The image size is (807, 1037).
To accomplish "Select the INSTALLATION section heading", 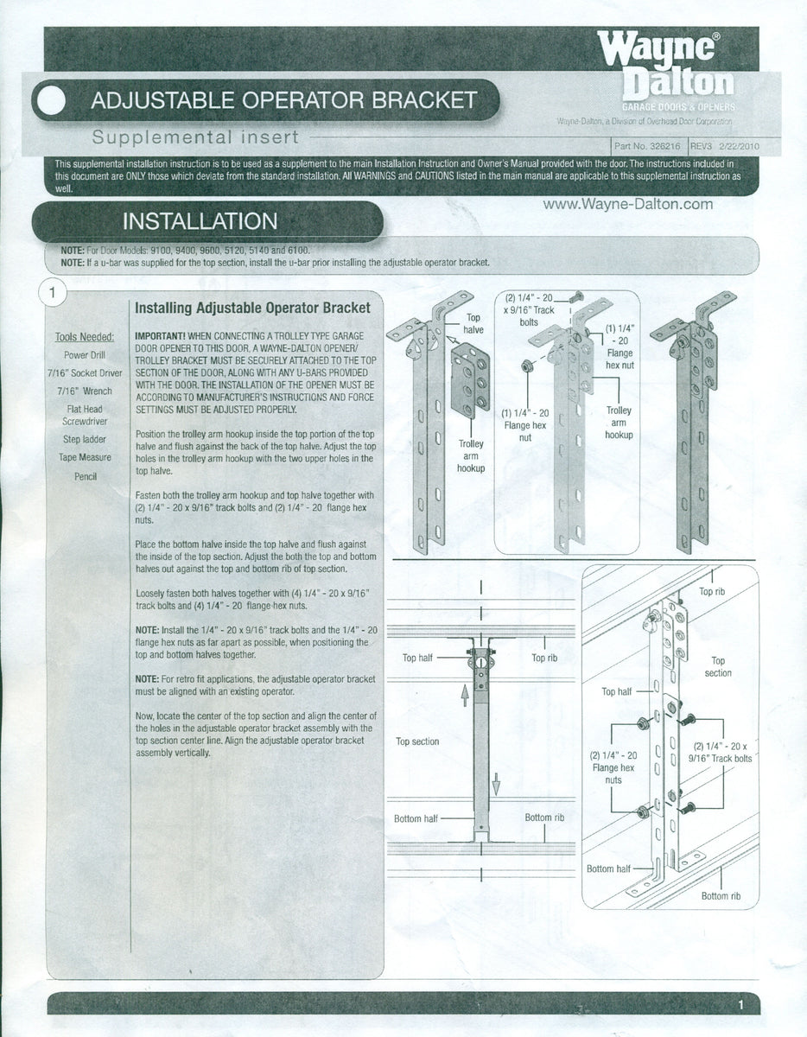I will click(x=200, y=221).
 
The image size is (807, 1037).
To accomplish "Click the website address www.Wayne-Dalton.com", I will click(x=628, y=204).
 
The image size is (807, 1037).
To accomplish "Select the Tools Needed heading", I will click(x=85, y=337).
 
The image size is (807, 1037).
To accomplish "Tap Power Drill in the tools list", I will click(x=85, y=354).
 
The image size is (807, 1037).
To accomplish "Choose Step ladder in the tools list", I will click(x=85, y=439).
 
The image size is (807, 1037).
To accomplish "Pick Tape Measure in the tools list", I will click(x=85, y=457).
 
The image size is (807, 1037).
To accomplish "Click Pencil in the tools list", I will click(x=85, y=476).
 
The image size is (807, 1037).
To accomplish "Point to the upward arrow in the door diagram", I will click(x=464, y=692).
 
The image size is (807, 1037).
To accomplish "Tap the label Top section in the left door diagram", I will click(x=417, y=741).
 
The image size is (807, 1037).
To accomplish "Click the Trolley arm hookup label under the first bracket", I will click(x=470, y=455).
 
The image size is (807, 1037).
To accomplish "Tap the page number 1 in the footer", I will click(x=741, y=1005).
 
